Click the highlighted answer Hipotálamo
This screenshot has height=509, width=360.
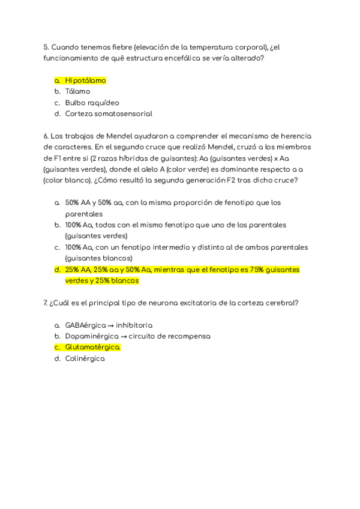pos(85,80)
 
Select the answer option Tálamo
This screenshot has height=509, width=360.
pos(77,91)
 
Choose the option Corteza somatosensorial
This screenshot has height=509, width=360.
pos(109,113)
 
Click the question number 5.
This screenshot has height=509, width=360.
pos(46,47)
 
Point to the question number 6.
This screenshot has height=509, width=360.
pos(46,136)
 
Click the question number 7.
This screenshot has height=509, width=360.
pos(46,303)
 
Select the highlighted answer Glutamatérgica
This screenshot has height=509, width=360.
pos(92,347)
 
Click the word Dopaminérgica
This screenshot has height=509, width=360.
pos(92,336)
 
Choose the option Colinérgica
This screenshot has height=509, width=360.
pos(85,358)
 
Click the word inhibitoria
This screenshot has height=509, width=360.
pos(138,325)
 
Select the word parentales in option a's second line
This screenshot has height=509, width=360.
pos(83,214)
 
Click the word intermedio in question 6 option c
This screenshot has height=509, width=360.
pos(155,247)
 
